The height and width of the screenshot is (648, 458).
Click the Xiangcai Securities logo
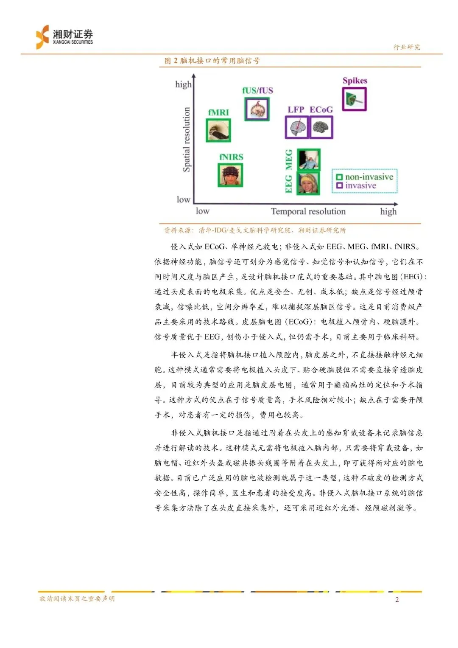[64, 37]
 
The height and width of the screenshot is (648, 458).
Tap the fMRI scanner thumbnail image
[218, 130]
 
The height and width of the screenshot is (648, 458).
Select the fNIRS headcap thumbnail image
[231, 175]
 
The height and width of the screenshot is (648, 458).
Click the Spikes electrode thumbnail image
[354, 99]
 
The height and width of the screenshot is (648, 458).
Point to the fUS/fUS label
[257, 90]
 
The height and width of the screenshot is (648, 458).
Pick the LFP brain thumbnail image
[296, 127]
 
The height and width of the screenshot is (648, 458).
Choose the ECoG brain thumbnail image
[321, 127]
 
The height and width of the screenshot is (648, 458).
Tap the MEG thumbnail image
[308, 160]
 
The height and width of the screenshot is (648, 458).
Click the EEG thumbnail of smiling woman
[308, 183]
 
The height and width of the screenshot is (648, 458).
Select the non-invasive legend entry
[365, 177]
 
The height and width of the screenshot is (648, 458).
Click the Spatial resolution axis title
[186, 140]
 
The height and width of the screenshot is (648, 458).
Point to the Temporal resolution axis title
[308, 211]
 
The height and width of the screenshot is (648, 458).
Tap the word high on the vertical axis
[183, 84]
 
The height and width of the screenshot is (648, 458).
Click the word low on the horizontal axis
[202, 211]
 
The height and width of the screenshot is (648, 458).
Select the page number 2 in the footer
[397, 600]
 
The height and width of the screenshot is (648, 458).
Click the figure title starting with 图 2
[212, 61]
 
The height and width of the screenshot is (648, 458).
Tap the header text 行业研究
[407, 47]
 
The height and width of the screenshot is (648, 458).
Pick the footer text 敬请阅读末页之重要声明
[77, 599]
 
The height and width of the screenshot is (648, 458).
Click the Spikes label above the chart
[355, 81]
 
